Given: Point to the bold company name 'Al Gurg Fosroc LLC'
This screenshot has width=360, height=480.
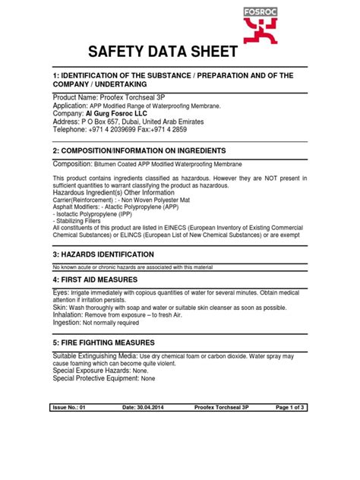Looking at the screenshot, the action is pyautogui.click(x=118, y=114).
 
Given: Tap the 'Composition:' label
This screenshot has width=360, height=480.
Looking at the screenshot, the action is pyautogui.click(x=71, y=163).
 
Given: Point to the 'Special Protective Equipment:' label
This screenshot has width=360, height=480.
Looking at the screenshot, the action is pyautogui.click(x=95, y=378).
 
